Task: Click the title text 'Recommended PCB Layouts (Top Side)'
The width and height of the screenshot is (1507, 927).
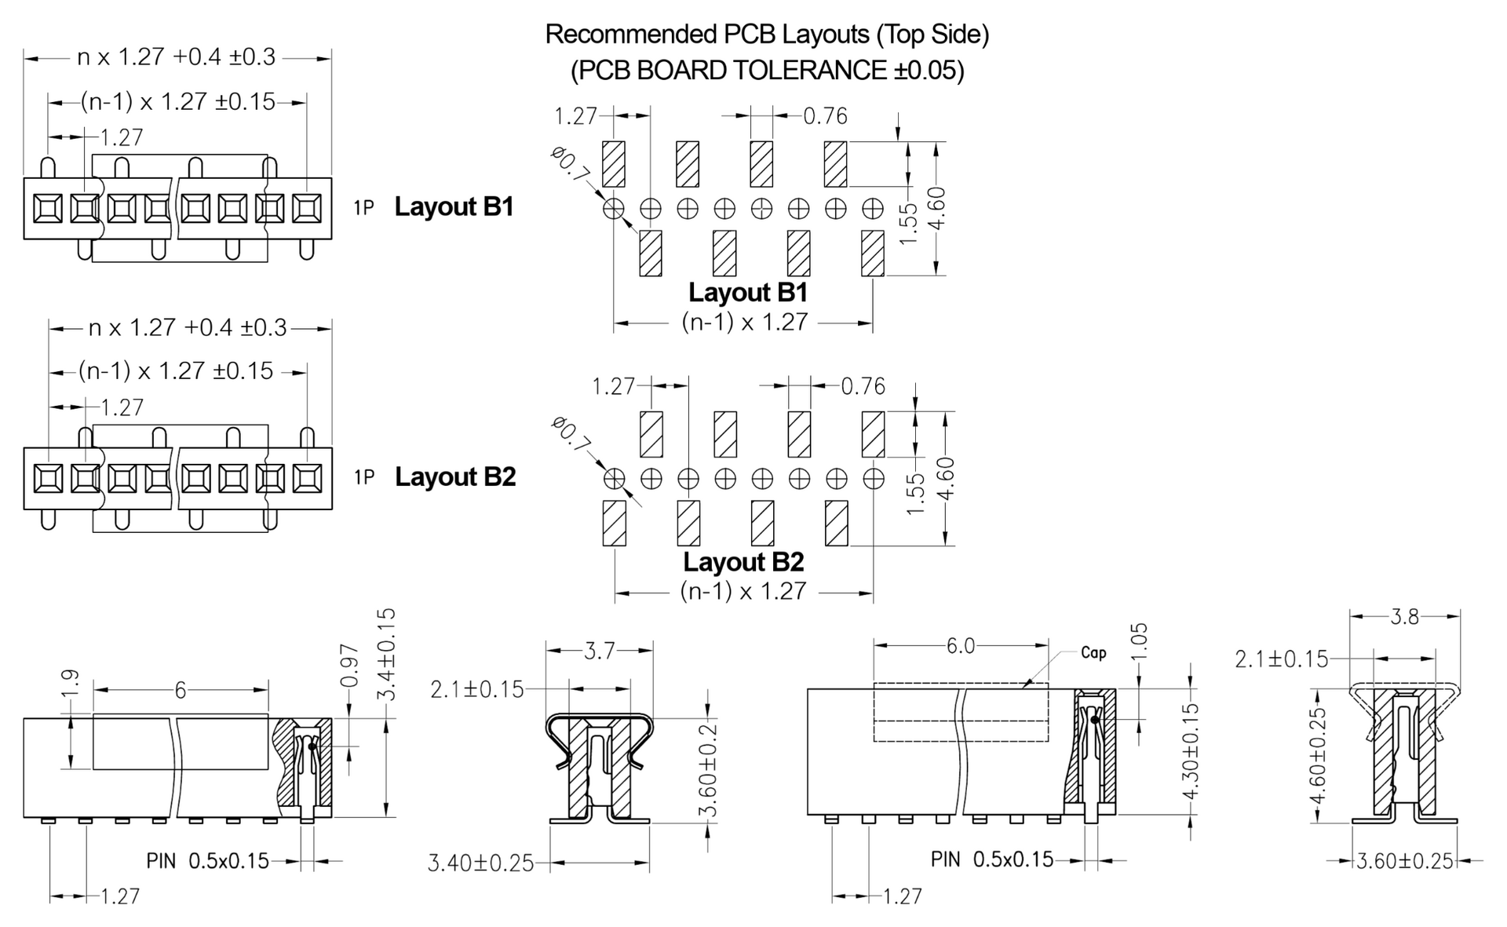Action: coord(767,35)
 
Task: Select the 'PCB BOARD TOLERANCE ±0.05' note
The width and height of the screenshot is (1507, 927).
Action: coord(767,71)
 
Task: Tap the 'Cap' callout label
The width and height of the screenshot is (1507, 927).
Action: coord(1093,652)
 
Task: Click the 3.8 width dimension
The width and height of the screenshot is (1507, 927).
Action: coord(1404,617)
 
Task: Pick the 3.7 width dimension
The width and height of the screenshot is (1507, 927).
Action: coord(599,651)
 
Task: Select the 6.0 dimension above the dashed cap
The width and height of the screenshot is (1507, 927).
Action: coord(960,646)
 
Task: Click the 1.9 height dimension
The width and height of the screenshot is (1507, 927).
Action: coord(70,681)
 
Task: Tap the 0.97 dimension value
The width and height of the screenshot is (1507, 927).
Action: coord(351,666)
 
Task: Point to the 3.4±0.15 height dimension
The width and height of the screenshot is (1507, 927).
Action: coord(387,655)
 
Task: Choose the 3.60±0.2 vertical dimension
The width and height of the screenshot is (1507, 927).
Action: coord(708,771)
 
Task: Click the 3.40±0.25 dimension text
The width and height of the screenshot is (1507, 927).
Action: coord(480,863)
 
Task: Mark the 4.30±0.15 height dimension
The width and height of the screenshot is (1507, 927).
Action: coord(1191,751)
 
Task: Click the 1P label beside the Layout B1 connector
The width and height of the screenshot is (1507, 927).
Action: coord(363,208)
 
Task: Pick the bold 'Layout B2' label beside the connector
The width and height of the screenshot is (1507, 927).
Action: coord(455,477)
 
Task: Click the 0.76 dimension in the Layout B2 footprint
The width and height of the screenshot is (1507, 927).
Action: coord(863,386)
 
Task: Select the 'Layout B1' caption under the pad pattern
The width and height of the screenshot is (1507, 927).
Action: coord(748,293)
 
